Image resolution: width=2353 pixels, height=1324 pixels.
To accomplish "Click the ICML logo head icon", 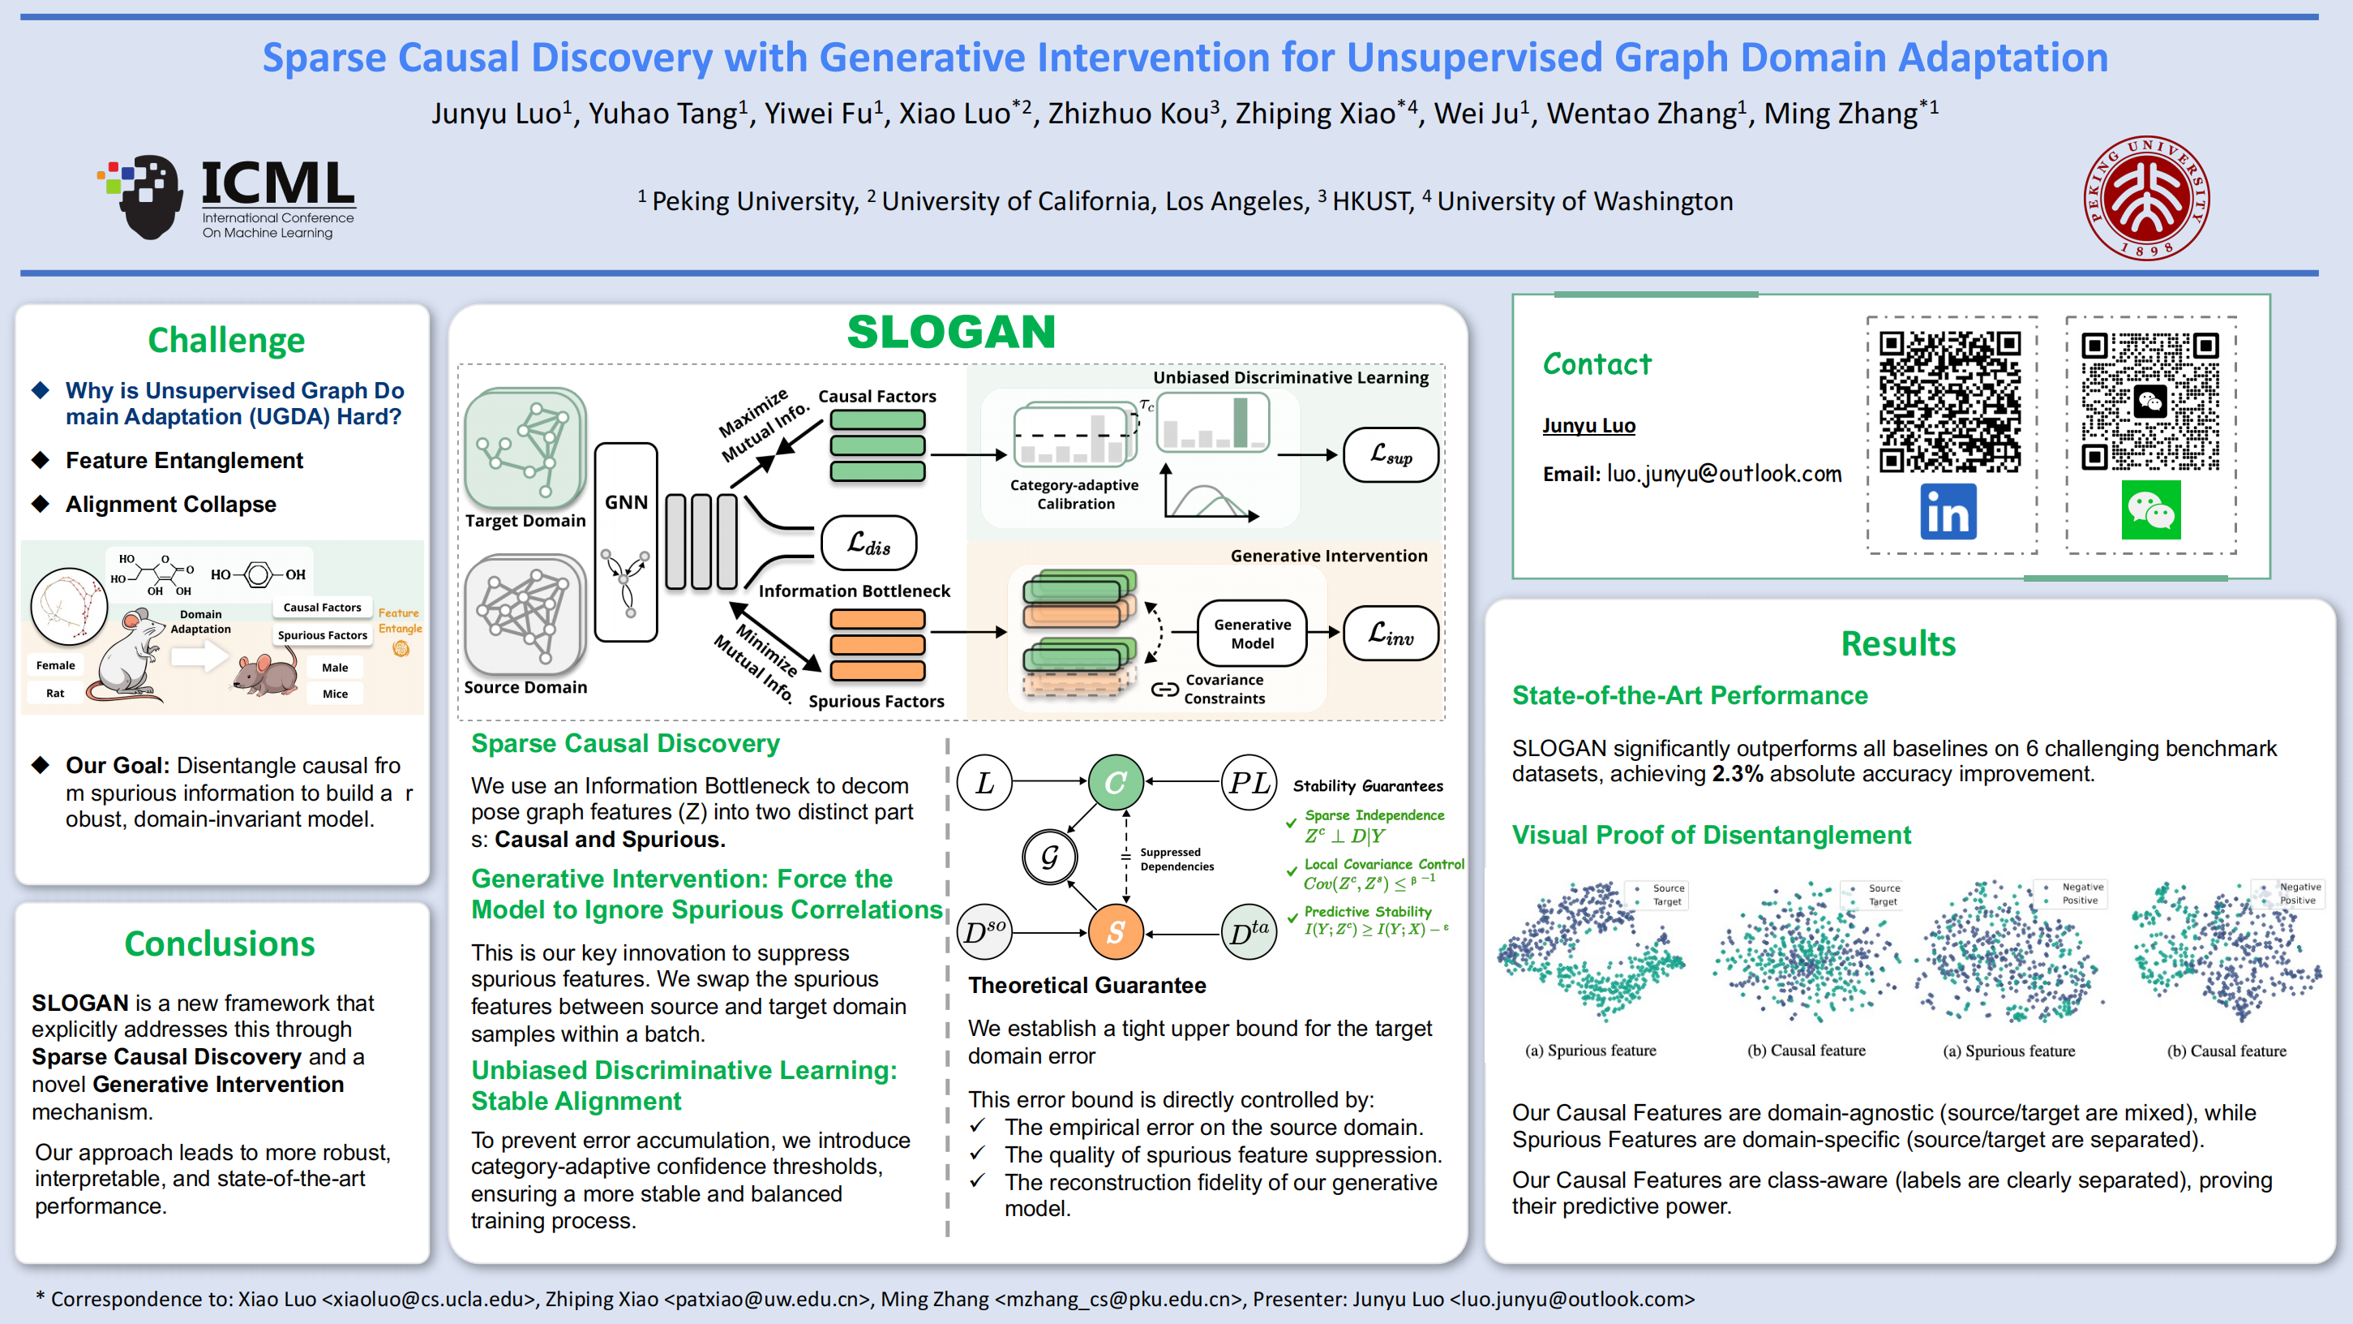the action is click(143, 196).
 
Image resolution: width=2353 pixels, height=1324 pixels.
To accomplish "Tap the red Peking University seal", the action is click(2145, 198).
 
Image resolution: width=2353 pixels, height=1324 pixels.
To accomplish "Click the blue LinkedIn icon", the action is click(1948, 512).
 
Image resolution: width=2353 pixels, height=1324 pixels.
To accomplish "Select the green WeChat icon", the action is click(2151, 509).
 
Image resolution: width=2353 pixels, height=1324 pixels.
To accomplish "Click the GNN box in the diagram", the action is click(626, 542).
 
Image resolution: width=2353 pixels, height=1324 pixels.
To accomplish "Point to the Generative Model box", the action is click(1253, 634).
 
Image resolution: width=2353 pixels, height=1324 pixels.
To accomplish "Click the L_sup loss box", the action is click(1391, 454).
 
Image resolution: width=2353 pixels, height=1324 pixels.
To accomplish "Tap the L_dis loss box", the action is click(868, 543).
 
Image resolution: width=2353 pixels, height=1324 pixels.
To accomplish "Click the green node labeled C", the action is click(1116, 782).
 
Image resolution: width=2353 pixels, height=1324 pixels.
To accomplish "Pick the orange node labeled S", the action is click(1116, 932).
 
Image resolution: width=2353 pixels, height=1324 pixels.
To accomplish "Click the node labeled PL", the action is click(1249, 782).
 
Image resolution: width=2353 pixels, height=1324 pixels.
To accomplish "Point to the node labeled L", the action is click(984, 782).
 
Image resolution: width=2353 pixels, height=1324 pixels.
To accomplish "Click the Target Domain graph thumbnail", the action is click(525, 448).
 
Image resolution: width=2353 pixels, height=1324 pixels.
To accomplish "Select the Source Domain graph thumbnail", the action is click(525, 614).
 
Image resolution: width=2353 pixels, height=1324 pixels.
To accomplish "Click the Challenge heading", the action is click(226, 341).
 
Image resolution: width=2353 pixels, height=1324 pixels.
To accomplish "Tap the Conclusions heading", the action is click(220, 943).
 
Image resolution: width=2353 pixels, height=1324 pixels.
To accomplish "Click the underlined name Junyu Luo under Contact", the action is click(1588, 425).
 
